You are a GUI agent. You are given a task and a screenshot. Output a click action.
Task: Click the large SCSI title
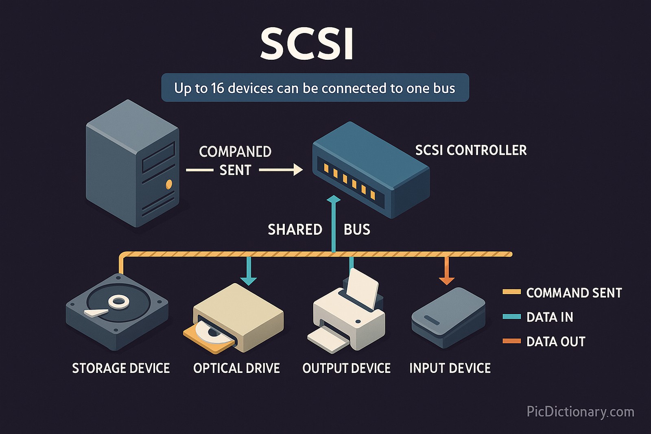click(x=307, y=44)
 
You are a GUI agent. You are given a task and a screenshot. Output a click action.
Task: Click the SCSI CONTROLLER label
click(x=471, y=150)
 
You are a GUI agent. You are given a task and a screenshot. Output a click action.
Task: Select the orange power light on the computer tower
click(x=169, y=185)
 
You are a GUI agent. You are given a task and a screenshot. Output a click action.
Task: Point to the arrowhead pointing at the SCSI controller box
click(x=298, y=170)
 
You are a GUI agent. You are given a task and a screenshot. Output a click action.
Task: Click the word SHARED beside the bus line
click(x=295, y=230)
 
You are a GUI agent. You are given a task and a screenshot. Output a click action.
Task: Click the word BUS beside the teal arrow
click(x=357, y=230)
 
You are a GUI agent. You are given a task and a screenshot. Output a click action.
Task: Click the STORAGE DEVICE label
click(x=121, y=368)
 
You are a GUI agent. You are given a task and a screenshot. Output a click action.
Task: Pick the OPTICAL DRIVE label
click(x=236, y=368)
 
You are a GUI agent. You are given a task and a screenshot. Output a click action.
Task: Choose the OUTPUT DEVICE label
click(x=346, y=368)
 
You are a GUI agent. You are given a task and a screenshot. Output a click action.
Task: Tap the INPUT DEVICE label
click(x=450, y=368)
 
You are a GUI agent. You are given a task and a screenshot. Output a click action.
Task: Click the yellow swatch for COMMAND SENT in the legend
click(x=511, y=292)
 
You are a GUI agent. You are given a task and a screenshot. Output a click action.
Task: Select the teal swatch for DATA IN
click(x=511, y=316)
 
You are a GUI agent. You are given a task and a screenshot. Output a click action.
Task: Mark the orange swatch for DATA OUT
click(x=511, y=341)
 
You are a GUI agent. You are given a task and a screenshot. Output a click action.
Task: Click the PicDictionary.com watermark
click(x=580, y=412)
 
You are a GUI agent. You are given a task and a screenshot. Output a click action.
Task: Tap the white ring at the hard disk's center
click(x=119, y=301)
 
